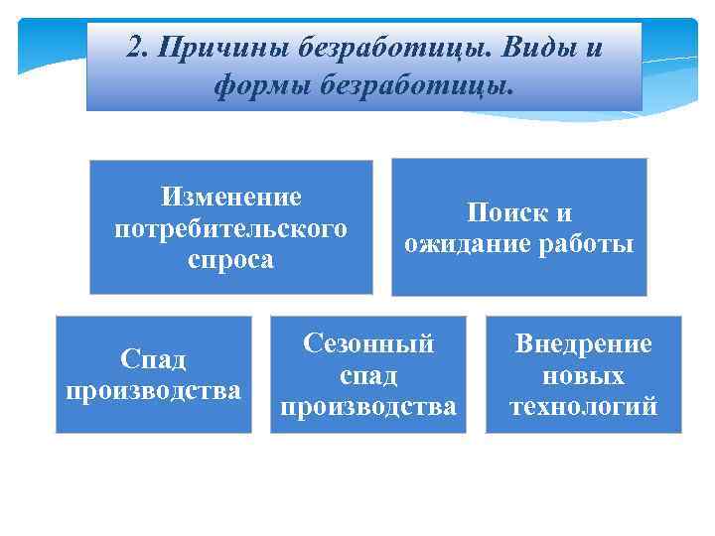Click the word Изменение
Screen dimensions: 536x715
231,197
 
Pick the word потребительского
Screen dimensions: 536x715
231,228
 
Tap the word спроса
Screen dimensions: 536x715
231,260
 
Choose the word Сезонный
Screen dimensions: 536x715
368,343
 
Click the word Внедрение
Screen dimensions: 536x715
583,343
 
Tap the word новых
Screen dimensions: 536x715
583,375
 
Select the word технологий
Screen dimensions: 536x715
583,407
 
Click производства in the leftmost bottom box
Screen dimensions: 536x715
153,390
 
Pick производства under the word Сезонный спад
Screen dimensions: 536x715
368,407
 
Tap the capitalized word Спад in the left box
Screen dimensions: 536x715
153,358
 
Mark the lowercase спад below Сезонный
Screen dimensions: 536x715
368,375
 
